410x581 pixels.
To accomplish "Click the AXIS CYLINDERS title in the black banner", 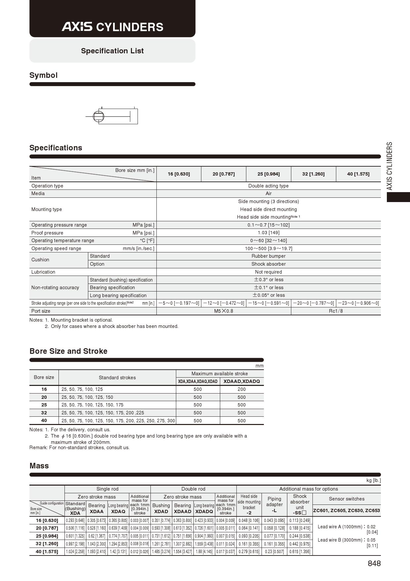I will (x=112, y=27).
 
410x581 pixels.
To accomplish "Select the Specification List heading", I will (x=112, y=51).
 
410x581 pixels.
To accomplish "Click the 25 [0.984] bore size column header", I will (x=268, y=174).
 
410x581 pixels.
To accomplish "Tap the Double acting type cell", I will (x=268, y=186).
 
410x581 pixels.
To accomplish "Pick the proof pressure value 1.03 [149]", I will (x=268, y=233).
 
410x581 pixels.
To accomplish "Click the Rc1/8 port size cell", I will (x=336, y=311).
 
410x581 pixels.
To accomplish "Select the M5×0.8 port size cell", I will (x=224, y=311).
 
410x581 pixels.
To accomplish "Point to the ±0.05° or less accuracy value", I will (x=268, y=295).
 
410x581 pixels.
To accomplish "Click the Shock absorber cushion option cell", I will (x=268, y=264).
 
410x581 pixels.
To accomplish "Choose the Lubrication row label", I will (x=43, y=272).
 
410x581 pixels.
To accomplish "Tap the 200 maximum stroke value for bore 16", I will (x=242, y=389).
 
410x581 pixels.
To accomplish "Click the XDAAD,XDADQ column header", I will (x=242, y=381).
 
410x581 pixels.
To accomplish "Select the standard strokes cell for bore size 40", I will (x=118, y=421).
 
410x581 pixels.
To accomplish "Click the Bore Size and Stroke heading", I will (x=68, y=351).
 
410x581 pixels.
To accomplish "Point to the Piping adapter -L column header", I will (x=274, y=504).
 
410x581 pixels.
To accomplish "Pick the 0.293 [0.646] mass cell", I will (x=75, y=520).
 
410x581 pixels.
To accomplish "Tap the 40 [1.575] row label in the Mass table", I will (x=47, y=552).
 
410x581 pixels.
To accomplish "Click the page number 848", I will (x=374, y=563).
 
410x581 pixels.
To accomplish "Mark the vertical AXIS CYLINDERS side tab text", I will (x=390, y=166).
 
